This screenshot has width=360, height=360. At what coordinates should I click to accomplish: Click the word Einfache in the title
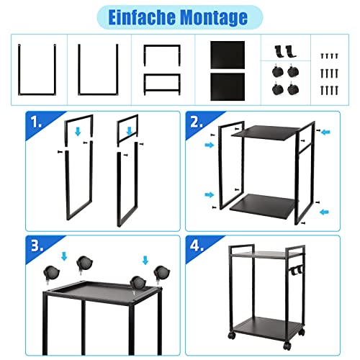coord(142,17)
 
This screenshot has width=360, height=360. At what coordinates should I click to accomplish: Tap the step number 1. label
coord(37,122)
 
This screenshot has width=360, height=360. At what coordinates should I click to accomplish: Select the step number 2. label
coord(197,122)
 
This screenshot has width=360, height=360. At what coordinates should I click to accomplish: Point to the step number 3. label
coord(37,246)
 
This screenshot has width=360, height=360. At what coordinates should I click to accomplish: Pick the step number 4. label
coord(197,246)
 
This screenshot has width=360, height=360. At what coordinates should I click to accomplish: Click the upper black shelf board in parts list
coord(228,55)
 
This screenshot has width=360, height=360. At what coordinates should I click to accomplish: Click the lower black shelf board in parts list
coord(228,87)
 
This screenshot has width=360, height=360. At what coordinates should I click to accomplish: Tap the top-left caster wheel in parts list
coord(277,71)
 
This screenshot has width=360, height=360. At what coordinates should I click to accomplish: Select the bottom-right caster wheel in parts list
coord(293,89)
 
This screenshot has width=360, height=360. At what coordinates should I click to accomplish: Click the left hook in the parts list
coord(279,51)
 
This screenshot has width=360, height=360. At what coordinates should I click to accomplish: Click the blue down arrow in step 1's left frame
coord(78,132)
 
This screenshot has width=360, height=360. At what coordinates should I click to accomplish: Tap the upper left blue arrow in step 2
coord(210,145)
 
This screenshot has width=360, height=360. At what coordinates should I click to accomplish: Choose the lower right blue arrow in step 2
coord(324,212)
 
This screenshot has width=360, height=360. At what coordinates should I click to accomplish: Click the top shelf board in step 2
coord(266,132)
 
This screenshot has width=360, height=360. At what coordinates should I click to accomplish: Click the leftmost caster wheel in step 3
coord(52,274)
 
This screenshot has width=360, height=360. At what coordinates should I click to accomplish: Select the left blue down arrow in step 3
coord(64,256)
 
